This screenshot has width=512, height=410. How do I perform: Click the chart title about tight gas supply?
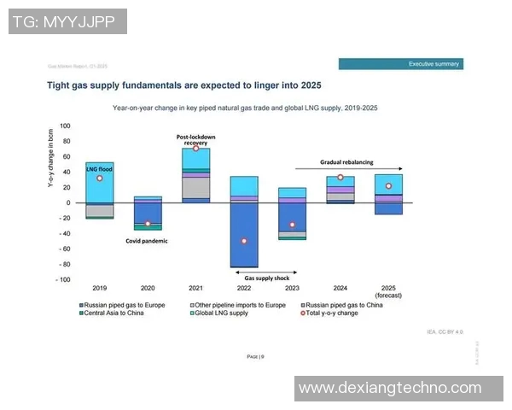(183, 85)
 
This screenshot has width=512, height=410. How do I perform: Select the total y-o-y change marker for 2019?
(100, 178)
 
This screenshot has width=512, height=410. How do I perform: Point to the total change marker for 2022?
(244, 241)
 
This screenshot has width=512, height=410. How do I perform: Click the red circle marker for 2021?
(195, 148)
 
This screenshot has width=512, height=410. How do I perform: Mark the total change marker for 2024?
(340, 178)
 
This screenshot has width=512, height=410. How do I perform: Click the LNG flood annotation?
(100, 169)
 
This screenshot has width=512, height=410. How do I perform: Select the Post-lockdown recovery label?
(196, 139)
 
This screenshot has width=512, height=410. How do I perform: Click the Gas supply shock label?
(267, 278)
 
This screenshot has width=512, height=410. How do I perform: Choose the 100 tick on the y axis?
(65, 126)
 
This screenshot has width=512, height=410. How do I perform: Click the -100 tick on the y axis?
(63, 279)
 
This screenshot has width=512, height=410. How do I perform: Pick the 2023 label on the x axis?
(292, 289)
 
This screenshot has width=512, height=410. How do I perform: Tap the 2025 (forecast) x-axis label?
(388, 292)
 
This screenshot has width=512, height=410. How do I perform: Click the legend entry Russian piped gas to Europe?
(124, 305)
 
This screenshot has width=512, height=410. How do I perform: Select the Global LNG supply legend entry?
(218, 313)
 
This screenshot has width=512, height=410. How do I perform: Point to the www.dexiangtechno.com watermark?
(389, 388)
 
